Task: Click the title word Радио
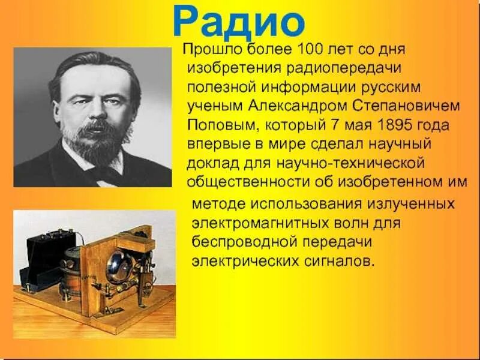[x=238, y=23]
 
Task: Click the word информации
[x=298, y=88]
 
